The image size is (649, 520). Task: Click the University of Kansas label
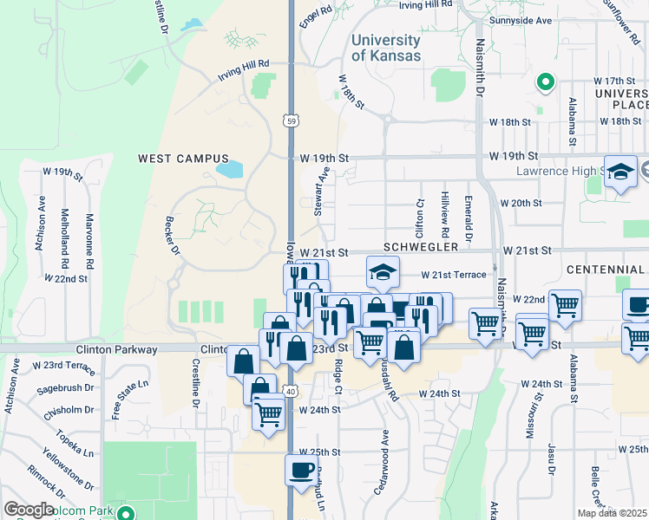pos(386,48)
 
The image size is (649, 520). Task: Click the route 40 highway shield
pos(290,391)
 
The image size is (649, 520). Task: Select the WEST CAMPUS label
pos(183,159)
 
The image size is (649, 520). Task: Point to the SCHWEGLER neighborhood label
pos(423,247)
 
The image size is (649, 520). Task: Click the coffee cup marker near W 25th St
pos(301,470)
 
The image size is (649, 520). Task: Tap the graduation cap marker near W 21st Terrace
pos(383,271)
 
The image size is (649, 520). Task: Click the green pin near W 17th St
pos(546,82)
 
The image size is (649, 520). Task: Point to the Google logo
pos(29,510)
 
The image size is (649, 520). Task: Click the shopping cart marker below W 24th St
pos(269,413)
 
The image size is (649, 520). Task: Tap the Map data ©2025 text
pos(612,513)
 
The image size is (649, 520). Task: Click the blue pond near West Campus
pos(230,169)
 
